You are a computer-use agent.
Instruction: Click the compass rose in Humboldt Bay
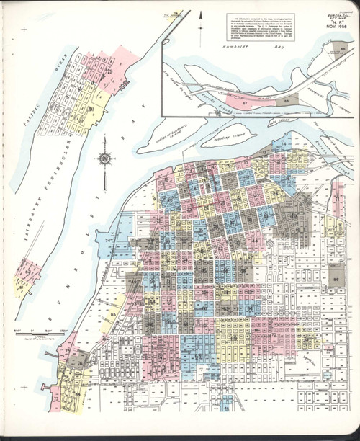point(106,158)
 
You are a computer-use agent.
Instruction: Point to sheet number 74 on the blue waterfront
point(109,239)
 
